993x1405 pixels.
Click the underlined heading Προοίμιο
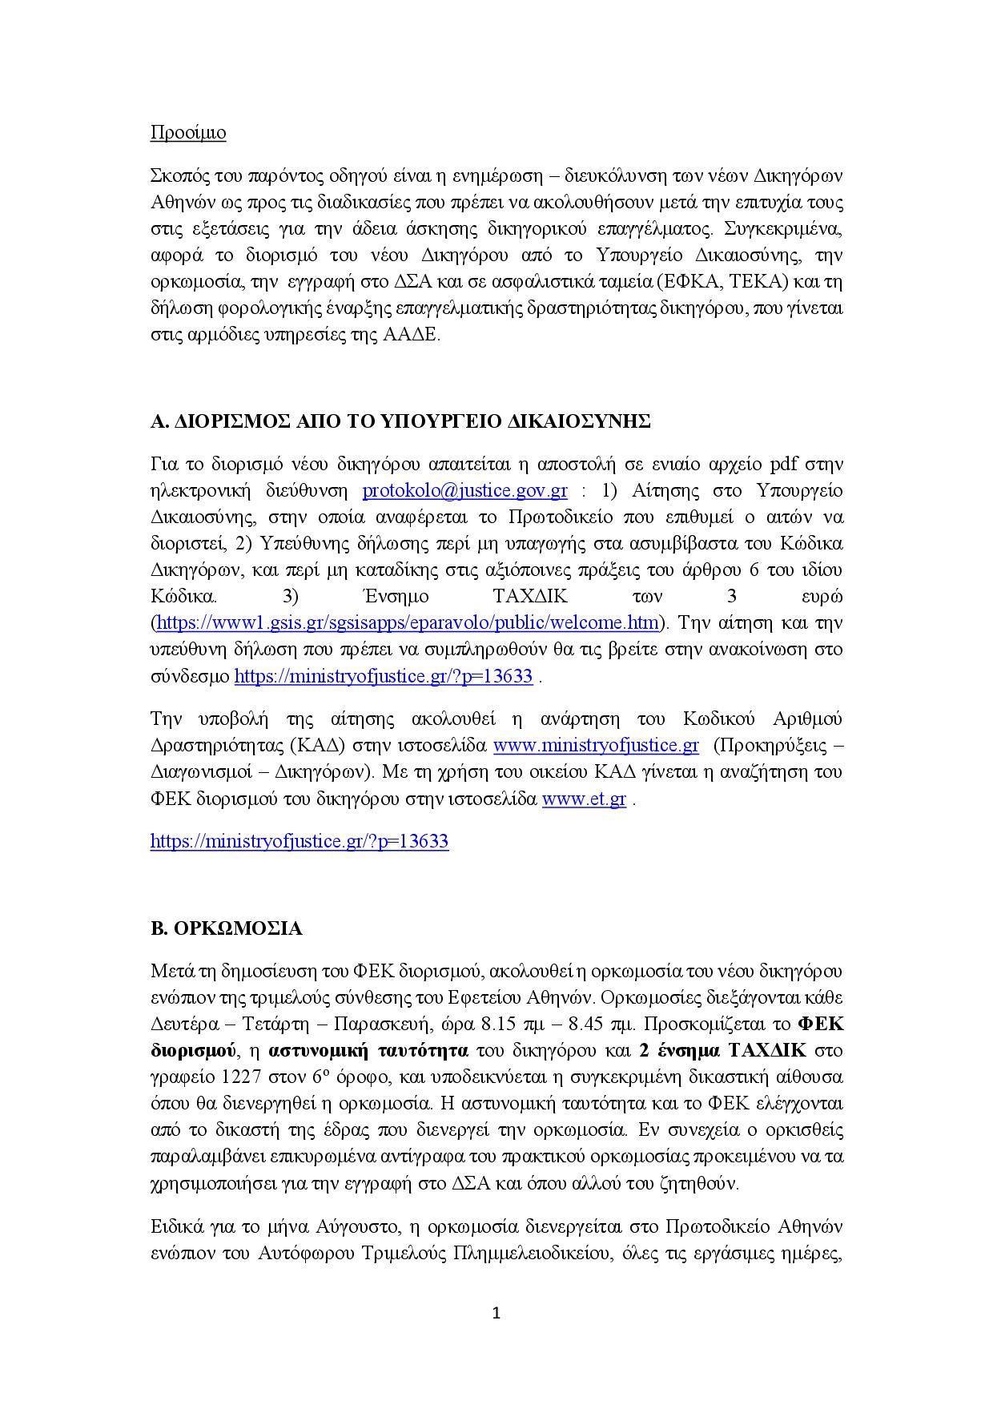(x=188, y=133)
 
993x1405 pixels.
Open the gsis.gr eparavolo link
(x=408, y=622)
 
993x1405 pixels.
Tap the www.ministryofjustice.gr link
(x=596, y=746)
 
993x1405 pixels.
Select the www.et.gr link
(x=584, y=799)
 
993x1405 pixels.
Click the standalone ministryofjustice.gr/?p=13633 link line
(x=300, y=841)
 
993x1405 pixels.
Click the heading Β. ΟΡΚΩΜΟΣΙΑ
(x=227, y=929)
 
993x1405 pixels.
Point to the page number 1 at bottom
(x=496, y=1313)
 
